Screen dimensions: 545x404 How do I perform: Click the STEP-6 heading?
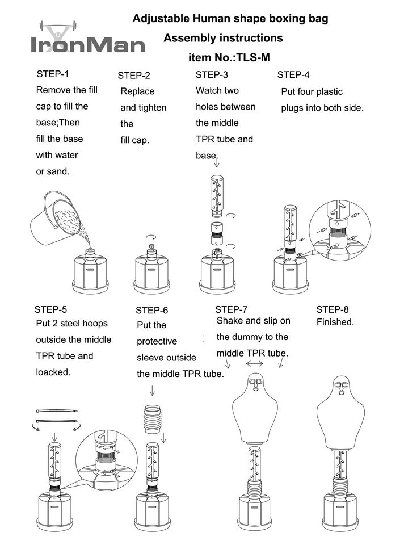(x=152, y=310)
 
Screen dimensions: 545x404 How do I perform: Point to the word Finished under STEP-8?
(x=335, y=322)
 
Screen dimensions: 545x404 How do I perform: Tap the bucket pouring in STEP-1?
(x=54, y=219)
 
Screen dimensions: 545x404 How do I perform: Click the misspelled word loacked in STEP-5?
(x=52, y=372)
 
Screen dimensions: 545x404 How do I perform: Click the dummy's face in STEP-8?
(x=342, y=388)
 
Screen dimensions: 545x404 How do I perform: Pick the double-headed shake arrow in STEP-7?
(x=255, y=363)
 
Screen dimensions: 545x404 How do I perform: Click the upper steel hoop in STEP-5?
(x=56, y=410)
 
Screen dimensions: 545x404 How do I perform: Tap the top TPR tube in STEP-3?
(x=217, y=195)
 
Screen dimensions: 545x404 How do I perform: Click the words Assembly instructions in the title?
(x=223, y=39)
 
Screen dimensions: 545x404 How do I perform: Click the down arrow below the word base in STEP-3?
(x=217, y=163)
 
